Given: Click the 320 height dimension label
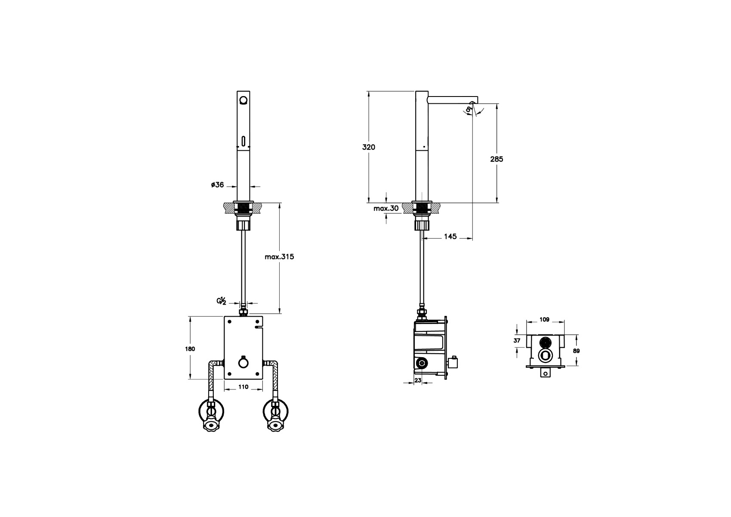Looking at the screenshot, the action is pos(368,147).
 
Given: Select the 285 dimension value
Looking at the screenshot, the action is pos(497,159).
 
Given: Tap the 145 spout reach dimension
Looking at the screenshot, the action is pos(450,237).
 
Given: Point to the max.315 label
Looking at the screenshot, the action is pos(279,257).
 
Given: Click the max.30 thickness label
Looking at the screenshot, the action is pos(386,208).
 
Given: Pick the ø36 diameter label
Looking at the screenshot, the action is pos(217,185).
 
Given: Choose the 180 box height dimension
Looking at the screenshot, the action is pos(190,349).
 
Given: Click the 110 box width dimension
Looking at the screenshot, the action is pos(243,387).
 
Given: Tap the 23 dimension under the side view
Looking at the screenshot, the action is pos(418,380).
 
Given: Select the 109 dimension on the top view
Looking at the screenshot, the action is pos(544,320).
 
